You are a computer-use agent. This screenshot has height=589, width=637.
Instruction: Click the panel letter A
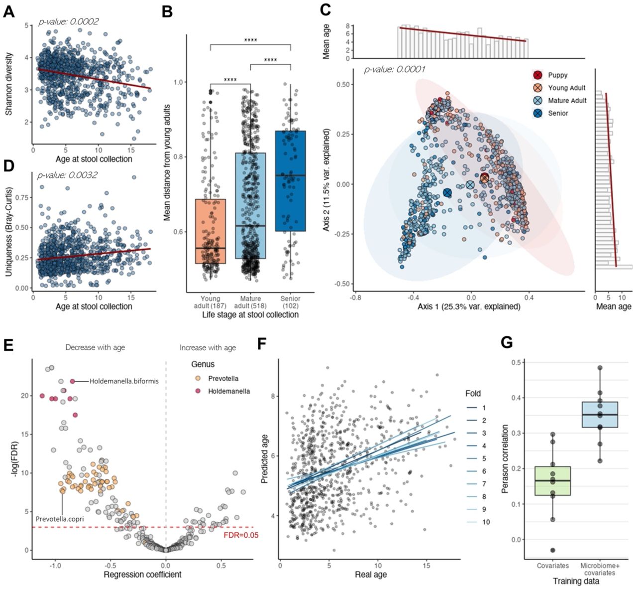(8, 11)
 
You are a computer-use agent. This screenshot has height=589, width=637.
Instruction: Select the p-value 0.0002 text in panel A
(69, 21)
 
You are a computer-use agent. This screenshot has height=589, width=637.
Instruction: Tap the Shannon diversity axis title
(9, 84)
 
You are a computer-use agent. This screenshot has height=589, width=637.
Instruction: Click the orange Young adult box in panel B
(211, 231)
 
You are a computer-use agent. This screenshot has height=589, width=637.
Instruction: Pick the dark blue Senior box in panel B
(290, 181)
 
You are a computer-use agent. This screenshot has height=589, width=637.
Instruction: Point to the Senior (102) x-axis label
(290, 302)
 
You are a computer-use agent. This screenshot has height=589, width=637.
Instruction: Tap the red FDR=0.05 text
(241, 535)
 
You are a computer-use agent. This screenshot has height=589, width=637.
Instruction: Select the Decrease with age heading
(95, 347)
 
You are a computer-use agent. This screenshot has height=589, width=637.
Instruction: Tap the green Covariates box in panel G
(552, 481)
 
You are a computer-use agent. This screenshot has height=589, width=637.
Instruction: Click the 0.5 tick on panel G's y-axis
(520, 362)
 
